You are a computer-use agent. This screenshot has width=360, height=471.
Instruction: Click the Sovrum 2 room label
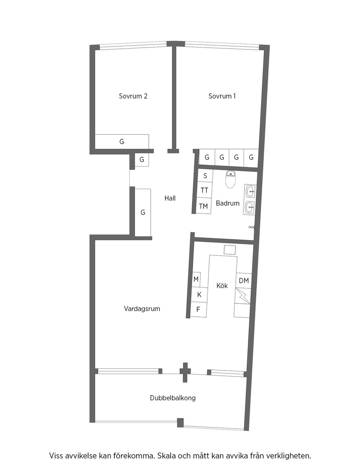point(133,96)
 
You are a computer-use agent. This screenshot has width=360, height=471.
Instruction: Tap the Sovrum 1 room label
point(222,96)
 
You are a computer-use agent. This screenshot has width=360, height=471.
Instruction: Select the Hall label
point(170,198)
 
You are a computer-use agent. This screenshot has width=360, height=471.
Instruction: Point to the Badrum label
point(228,203)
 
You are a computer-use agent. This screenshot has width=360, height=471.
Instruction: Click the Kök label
point(222,286)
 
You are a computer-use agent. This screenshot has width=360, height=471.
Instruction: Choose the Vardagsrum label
point(142,309)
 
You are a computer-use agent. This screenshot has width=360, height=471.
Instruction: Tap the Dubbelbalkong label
point(173,398)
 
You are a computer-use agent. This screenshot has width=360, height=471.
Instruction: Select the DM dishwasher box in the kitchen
point(244,280)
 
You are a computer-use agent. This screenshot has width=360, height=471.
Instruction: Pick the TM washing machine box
point(204,206)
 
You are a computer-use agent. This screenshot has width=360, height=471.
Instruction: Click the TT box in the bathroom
point(204,190)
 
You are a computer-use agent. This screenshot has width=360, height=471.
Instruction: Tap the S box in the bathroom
point(205,175)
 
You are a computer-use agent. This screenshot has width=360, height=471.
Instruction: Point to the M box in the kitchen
point(196,279)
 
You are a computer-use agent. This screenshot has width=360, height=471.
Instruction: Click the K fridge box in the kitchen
point(199,295)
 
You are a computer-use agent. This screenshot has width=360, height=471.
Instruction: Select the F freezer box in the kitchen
point(198,310)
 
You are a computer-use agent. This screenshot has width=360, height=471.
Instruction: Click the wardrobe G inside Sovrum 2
point(122,142)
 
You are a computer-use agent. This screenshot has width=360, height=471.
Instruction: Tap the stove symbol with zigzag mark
point(243,296)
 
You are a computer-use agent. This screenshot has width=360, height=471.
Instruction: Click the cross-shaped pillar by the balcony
point(184,372)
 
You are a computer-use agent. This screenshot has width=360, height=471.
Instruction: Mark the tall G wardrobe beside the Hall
point(142,212)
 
